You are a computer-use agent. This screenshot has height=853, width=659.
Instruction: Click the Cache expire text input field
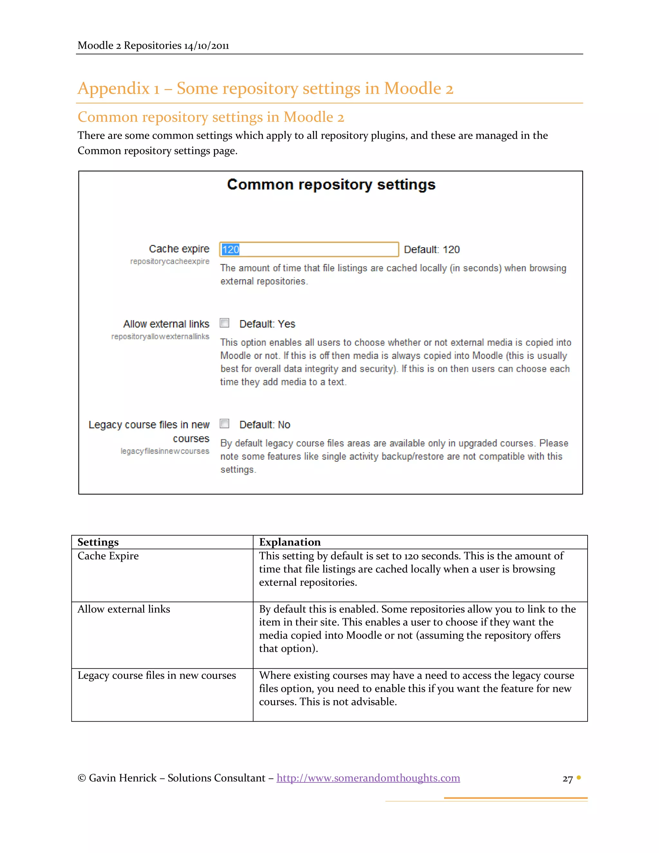tap(309, 249)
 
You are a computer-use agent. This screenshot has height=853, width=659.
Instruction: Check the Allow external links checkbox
tap(225, 323)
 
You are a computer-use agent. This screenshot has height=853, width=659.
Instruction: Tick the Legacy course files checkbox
tap(225, 424)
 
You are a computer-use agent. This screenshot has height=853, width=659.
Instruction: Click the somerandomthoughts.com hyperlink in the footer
tap(368, 778)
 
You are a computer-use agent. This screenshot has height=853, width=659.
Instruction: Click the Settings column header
tap(98, 542)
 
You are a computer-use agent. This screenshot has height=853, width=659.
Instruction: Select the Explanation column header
tap(290, 542)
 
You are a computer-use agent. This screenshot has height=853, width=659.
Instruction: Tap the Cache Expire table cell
tap(108, 556)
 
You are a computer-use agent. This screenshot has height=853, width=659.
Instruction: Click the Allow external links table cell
tap(124, 609)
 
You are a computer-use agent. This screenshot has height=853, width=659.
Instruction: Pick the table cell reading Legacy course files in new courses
tap(157, 675)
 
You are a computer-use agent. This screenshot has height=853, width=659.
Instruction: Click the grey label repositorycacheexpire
tap(170, 261)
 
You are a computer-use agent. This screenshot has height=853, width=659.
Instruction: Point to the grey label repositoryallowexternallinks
tap(160, 337)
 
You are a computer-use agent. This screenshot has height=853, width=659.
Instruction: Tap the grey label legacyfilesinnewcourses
tap(165, 451)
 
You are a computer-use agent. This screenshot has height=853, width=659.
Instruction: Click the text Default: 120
tap(432, 249)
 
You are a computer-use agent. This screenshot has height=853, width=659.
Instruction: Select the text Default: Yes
tap(267, 324)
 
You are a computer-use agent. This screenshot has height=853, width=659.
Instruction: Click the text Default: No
tap(265, 425)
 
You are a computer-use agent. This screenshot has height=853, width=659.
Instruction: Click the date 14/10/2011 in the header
tap(206, 46)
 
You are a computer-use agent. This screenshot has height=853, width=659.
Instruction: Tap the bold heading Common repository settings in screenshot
tap(331, 184)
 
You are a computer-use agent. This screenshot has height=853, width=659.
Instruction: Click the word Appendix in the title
tap(113, 88)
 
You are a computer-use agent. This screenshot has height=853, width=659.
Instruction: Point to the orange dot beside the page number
tap(579, 778)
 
